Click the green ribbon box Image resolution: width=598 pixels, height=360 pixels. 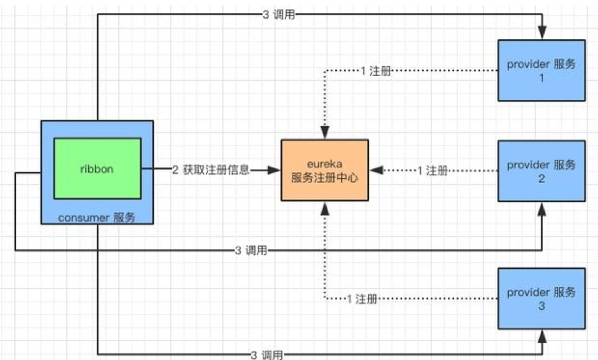tap(97, 169)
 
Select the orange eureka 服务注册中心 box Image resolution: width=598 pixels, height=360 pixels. tap(325, 170)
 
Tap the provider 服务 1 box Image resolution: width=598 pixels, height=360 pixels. tap(542, 70)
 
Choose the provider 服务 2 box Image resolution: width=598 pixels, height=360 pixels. tap(542, 171)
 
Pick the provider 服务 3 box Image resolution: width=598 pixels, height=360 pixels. tap(542, 298)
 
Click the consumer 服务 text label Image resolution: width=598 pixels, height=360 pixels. tap(97, 217)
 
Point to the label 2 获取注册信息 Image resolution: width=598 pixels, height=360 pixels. tap(211, 171)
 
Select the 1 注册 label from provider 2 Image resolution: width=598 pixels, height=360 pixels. tap(433, 171)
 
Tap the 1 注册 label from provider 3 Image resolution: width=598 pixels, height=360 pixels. tap(361, 299)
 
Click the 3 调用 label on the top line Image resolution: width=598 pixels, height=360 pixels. tap(279, 15)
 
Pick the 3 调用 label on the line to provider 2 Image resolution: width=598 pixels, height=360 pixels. tap(251, 250)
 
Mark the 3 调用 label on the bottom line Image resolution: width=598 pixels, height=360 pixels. tap(267, 354)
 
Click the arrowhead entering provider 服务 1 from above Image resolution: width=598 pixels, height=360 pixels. tap(542, 34)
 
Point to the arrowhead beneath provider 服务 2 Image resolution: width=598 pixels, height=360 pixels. tap(542, 208)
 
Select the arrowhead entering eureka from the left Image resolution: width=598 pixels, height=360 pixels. tap(274, 171)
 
